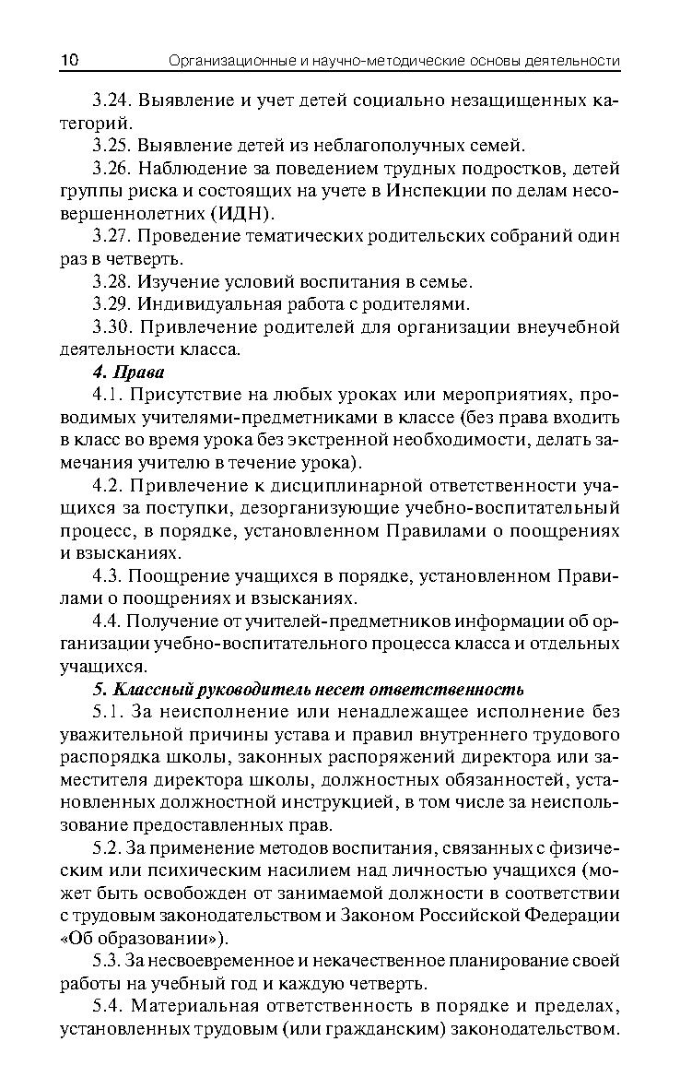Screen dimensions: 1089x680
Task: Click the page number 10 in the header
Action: pos(69,61)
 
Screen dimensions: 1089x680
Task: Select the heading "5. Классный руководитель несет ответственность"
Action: pos(308,689)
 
